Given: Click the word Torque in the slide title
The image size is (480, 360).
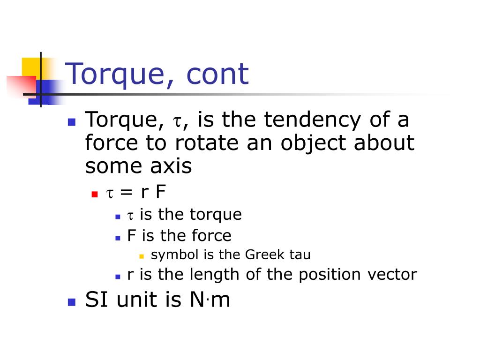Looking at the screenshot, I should [x=120, y=74].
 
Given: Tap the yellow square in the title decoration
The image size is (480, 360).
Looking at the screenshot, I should [x=31, y=66].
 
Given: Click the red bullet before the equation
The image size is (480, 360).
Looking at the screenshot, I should [x=94, y=194].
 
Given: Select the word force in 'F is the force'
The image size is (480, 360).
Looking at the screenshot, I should [x=210, y=235].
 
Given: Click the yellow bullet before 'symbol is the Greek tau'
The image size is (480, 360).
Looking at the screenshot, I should [x=142, y=256].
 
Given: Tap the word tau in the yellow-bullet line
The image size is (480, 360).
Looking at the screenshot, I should [x=300, y=255].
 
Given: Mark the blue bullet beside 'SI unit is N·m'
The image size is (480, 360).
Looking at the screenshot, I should [x=71, y=301].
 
